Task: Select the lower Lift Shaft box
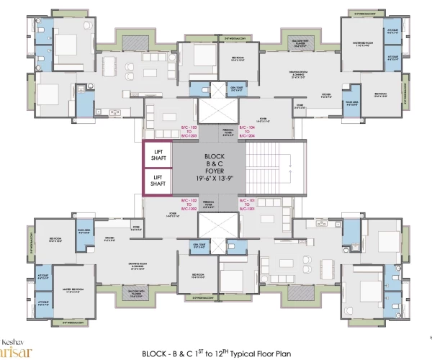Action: pos(157,181)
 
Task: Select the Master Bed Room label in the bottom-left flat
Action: pos(74,291)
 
